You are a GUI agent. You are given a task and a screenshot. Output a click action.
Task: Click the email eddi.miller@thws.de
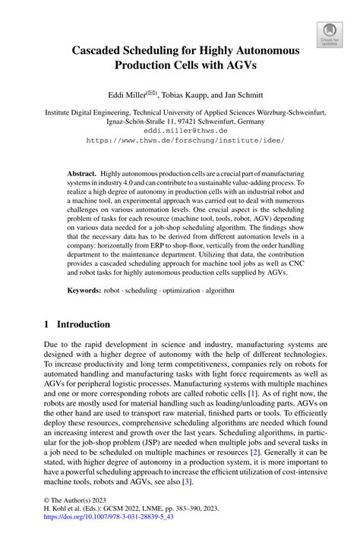click(180, 130)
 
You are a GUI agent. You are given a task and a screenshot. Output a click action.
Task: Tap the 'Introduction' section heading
click(81, 324)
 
